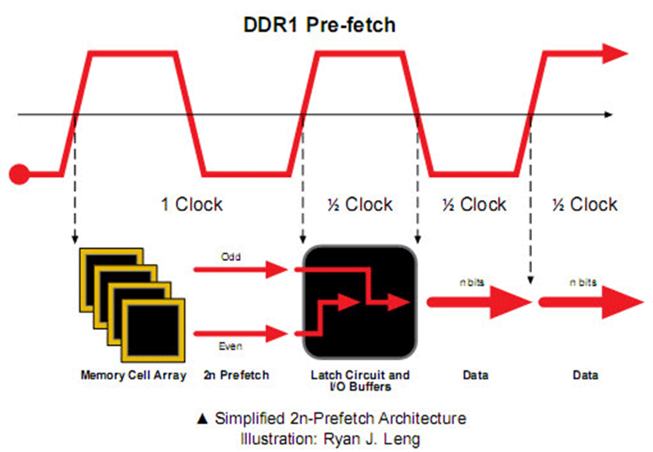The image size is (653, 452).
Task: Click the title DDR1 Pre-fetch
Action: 319,25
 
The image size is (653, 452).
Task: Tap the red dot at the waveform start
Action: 19,174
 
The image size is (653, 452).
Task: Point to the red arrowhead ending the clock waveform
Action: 615,54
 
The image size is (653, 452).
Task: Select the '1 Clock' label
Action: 192,204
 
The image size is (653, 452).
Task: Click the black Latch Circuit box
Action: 360,302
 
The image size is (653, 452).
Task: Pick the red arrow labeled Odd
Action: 241,270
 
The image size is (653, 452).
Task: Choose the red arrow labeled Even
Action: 241,333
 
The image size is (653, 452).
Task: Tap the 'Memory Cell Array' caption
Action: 133,375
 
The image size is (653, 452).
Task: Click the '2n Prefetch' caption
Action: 236,375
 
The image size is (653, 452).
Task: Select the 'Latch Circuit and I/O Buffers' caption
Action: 360,381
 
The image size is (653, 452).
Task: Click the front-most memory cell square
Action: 153,330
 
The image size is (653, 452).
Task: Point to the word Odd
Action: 231,257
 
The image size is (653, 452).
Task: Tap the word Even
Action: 230,347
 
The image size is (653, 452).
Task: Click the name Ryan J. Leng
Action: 372,439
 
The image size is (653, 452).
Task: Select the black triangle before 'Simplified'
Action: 202,418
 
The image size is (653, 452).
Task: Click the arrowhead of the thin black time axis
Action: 609,114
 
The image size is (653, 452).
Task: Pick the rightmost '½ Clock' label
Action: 585,204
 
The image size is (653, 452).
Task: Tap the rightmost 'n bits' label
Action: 583,283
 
